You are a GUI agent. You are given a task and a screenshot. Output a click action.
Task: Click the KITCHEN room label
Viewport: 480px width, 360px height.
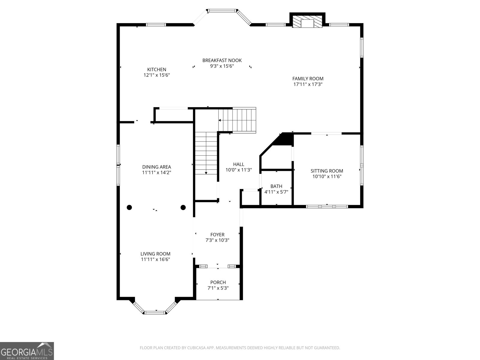click(x=157, y=69)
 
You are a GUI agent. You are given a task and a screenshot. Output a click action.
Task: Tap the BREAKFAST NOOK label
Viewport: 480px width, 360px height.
click(x=222, y=60)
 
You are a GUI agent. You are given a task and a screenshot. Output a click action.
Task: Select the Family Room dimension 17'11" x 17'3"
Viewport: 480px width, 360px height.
click(x=308, y=84)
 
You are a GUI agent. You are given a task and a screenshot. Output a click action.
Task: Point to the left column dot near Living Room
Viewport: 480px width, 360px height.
click(x=129, y=207)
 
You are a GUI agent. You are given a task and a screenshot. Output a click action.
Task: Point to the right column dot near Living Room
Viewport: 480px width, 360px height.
click(x=183, y=207)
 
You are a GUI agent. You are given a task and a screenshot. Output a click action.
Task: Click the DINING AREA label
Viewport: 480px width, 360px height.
click(x=157, y=167)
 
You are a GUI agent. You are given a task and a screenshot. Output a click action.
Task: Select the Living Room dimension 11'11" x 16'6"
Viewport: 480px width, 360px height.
click(x=155, y=259)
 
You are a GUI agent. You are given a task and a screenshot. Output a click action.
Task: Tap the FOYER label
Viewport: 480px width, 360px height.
click(x=217, y=235)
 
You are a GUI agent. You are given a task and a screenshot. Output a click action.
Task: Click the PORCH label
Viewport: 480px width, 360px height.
click(x=218, y=282)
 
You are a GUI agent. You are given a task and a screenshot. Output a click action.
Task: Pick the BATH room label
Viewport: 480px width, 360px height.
click(x=276, y=186)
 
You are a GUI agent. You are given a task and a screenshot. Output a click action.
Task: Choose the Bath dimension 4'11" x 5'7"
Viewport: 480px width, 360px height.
click(x=276, y=192)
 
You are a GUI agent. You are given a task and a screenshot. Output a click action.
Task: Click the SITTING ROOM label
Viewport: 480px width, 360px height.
click(x=327, y=171)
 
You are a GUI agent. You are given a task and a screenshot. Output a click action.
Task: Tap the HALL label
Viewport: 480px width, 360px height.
click(x=238, y=164)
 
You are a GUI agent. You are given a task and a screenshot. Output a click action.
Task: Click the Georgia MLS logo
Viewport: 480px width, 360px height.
click(x=27, y=351)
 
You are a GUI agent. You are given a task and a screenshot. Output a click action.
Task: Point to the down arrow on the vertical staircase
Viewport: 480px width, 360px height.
click(x=206, y=173)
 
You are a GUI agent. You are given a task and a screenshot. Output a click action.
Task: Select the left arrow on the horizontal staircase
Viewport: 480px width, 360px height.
click(x=220, y=120)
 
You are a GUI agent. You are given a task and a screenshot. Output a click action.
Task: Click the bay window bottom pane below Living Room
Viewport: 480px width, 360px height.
click(x=155, y=313)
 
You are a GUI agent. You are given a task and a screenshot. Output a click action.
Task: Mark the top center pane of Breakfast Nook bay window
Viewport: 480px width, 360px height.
click(x=222, y=11)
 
